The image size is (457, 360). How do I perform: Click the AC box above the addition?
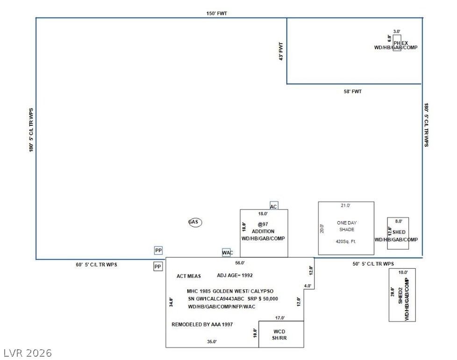click(274, 206)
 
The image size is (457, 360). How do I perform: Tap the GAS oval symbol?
click(195, 222)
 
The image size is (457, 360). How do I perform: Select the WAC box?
click(227, 253)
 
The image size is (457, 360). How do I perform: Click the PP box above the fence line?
click(158, 251)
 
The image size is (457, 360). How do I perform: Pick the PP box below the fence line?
click(158, 266)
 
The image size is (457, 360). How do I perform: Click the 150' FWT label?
click(217, 14)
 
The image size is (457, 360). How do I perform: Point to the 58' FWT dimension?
click(352, 92)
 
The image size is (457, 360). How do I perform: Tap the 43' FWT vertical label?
click(281, 51)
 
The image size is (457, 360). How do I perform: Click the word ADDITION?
click(263, 231)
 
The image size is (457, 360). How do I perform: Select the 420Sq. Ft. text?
click(346, 242)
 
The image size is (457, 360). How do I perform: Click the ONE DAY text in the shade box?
click(347, 223)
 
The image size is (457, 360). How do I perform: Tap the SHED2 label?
click(400, 296)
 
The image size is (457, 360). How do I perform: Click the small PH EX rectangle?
click(397, 43)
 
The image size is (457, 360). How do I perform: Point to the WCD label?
click(279, 331)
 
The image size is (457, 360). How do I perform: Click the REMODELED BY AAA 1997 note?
click(202, 324)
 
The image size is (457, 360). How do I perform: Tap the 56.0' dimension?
click(240, 263)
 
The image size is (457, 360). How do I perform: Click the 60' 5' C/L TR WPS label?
click(96, 265)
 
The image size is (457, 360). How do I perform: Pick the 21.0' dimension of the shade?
click(345, 205)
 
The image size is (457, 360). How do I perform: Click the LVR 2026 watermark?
click(27, 353)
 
